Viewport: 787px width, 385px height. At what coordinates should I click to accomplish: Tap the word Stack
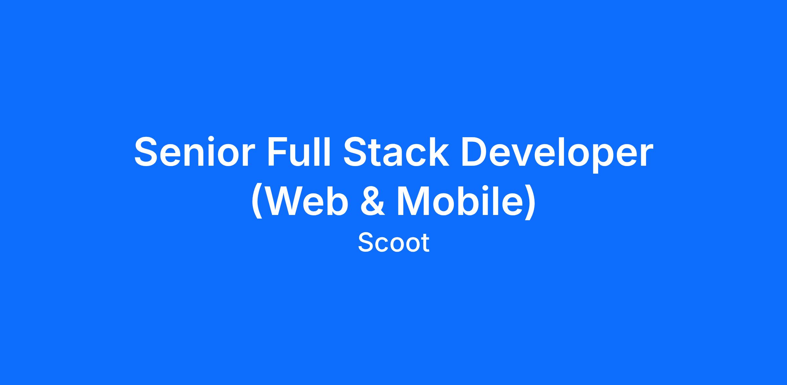click(x=396, y=152)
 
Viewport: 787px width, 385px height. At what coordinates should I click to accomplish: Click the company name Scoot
click(x=393, y=243)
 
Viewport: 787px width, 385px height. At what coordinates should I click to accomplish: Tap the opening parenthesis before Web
click(x=257, y=203)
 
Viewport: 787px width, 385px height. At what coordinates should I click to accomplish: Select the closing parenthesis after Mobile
click(x=530, y=203)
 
